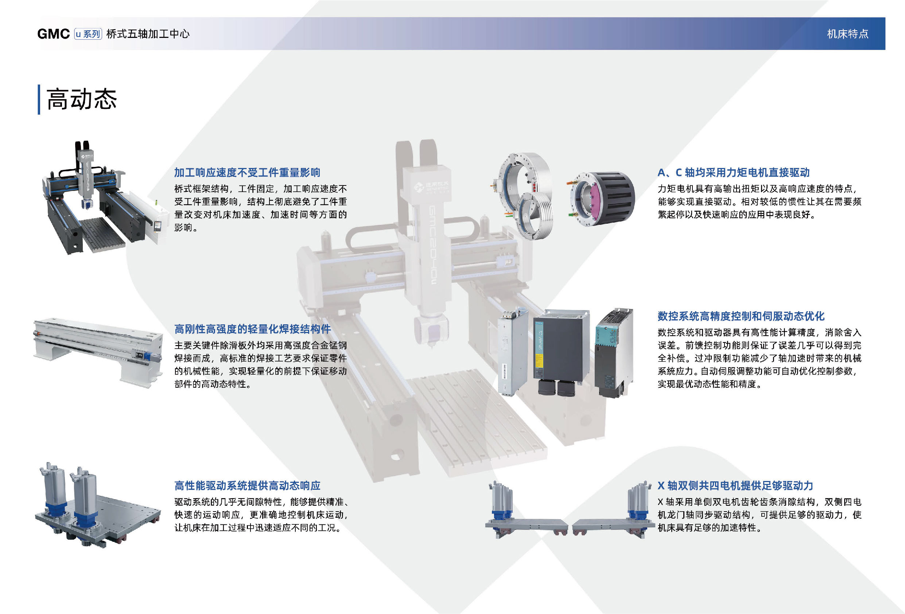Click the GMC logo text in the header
pos(53,34)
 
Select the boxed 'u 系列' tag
pos(88,34)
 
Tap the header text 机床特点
pos(847,34)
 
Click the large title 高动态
pos(82,99)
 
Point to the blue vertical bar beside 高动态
pos(39,99)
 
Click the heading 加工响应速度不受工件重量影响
pos(247,172)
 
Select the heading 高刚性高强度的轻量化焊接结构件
pos(252,329)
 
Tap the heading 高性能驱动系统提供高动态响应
pos(247,486)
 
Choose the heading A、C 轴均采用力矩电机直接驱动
pos(734,172)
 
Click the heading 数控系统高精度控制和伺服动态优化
pos(741,316)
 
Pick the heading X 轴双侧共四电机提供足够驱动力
pos(735,486)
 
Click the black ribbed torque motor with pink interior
pos(602,199)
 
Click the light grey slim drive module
pos(512,352)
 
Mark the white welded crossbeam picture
pos(98,352)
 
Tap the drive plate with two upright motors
pos(98,505)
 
